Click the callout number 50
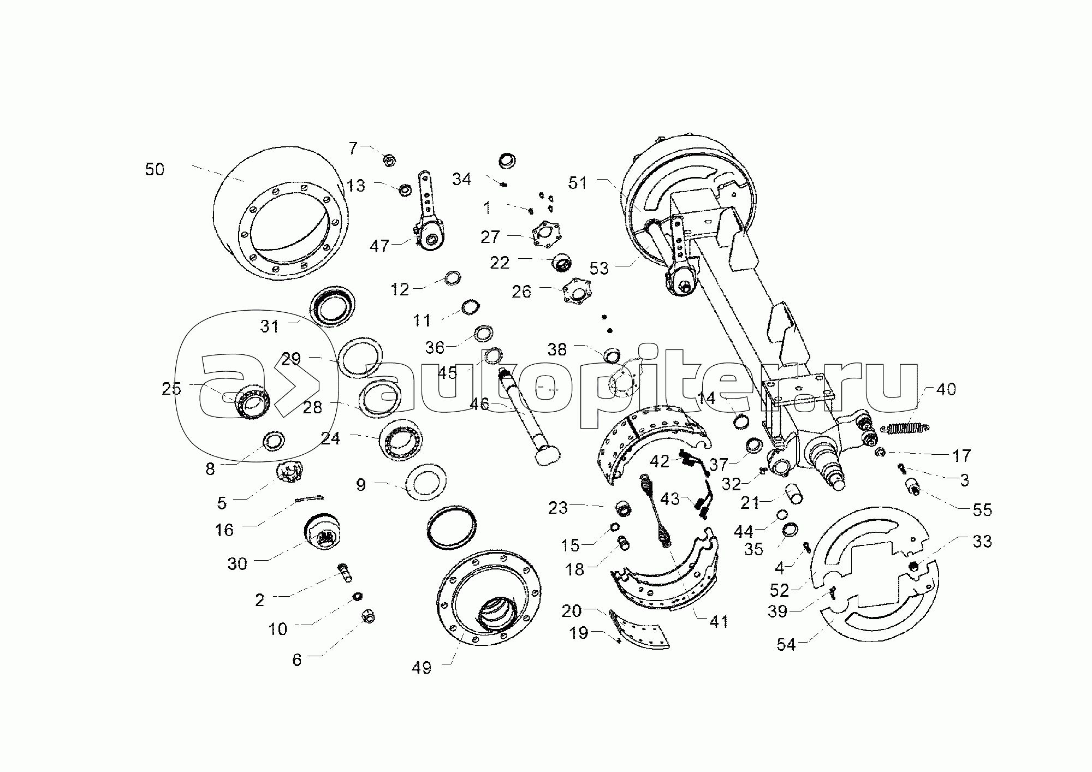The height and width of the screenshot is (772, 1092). [x=155, y=170]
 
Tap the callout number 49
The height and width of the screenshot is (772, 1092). [x=422, y=668]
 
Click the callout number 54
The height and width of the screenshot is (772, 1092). [x=787, y=645]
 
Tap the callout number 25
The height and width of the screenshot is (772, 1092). [x=171, y=389]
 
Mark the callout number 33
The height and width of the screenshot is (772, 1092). [x=982, y=542]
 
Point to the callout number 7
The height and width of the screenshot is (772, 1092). [x=353, y=148]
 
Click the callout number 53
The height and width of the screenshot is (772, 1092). [x=599, y=268]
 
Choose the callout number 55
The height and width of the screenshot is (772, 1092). [x=982, y=510]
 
